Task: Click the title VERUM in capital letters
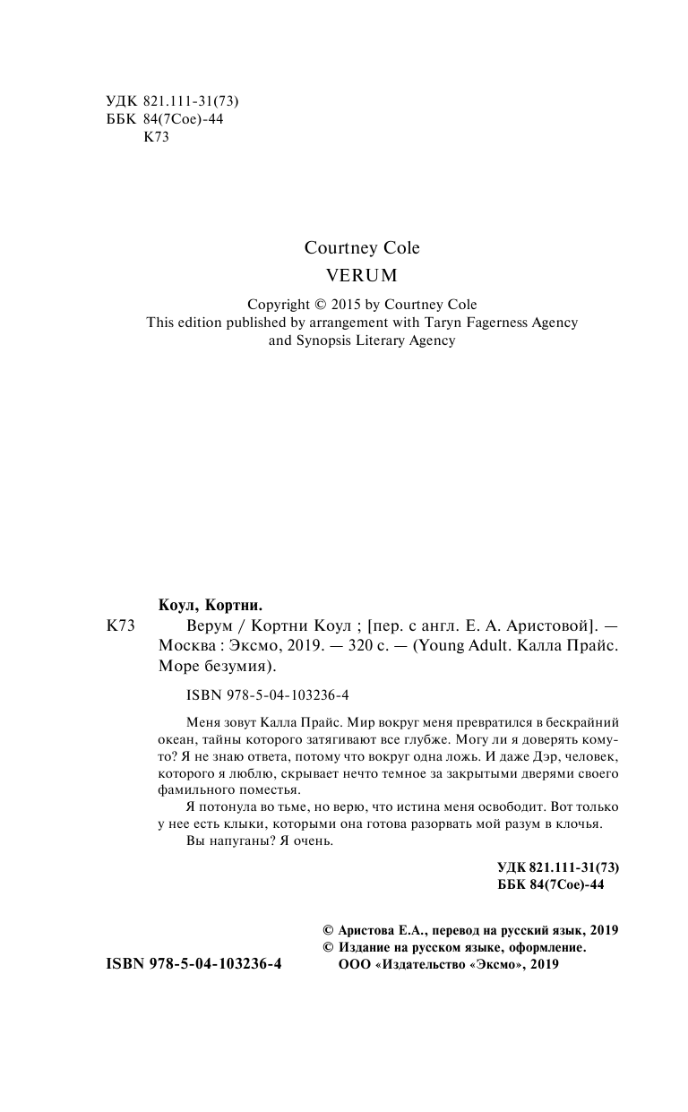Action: coord(362,275)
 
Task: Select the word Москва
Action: coord(187,646)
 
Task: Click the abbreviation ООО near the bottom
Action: coord(349,964)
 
